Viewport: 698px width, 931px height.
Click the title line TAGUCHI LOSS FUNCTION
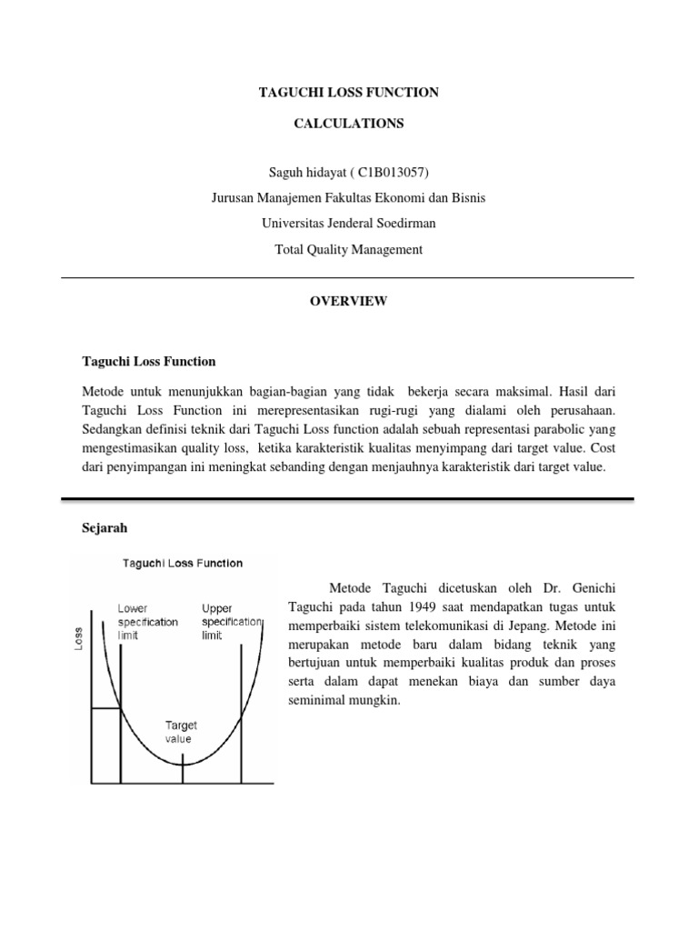click(348, 92)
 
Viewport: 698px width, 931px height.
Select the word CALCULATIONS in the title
click(348, 124)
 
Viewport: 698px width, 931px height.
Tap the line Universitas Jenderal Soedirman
click(348, 224)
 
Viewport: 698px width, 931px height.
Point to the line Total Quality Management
click(348, 249)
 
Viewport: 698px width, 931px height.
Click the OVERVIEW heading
click(348, 301)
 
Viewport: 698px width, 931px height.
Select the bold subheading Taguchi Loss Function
click(149, 361)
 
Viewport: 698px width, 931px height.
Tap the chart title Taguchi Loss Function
click(183, 563)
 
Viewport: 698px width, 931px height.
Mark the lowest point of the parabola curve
click(183, 763)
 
